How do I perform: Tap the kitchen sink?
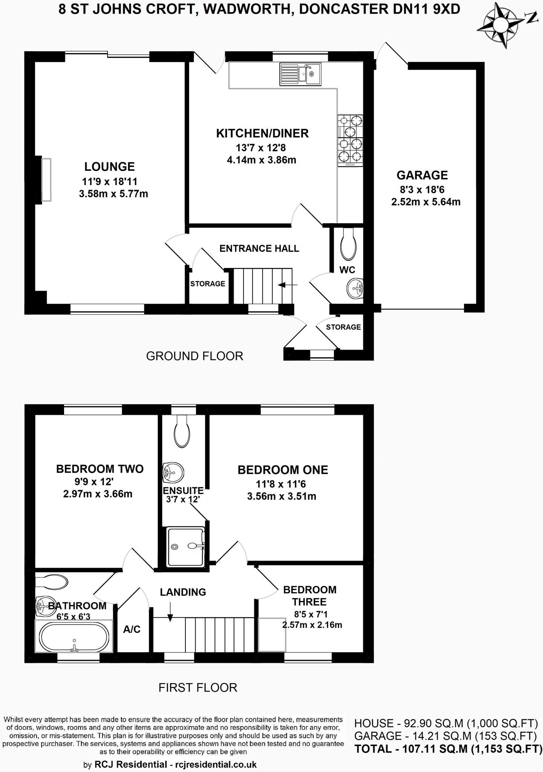pyautogui.click(x=300, y=74)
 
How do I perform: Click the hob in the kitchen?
pyautogui.click(x=350, y=140)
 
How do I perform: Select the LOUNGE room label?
pyautogui.click(x=109, y=167)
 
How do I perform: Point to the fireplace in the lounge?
pyautogui.click(x=46, y=180)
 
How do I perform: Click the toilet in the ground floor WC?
pyautogui.click(x=348, y=245)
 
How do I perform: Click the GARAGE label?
pyautogui.click(x=422, y=175)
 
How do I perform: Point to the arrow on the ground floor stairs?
pyautogui.click(x=288, y=285)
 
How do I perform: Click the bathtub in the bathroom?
pyautogui.click(x=74, y=637)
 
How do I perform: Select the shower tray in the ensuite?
pyautogui.click(x=186, y=547)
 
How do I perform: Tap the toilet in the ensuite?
pyautogui.click(x=183, y=431)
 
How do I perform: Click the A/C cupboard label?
pyautogui.click(x=132, y=629)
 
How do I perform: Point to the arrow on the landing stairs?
pyautogui.click(x=170, y=612)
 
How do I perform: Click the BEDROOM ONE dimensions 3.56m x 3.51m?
pyautogui.click(x=281, y=496)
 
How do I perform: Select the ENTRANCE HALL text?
pyautogui.click(x=259, y=248)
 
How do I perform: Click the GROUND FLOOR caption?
pyautogui.click(x=194, y=356)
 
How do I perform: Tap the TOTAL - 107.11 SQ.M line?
pyautogui.click(x=448, y=749)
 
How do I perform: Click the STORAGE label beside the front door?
pyautogui.click(x=343, y=327)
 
